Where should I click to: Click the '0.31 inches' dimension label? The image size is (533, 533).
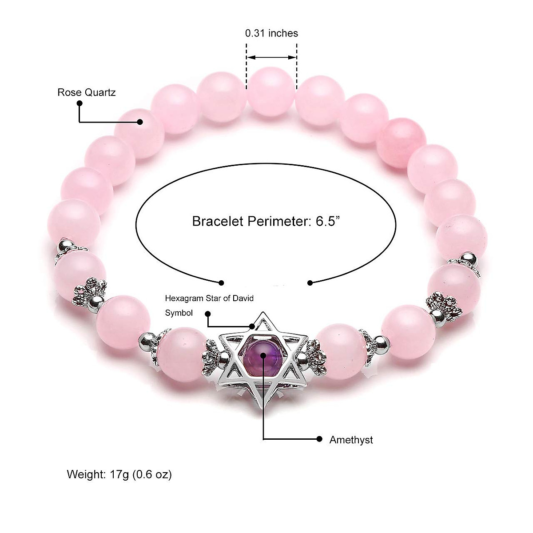click(271, 33)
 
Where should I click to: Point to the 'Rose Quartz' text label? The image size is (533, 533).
click(87, 92)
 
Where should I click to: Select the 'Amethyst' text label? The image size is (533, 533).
click(351, 440)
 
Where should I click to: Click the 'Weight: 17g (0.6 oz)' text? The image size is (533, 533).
click(119, 474)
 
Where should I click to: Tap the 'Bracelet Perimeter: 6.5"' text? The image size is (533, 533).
click(266, 221)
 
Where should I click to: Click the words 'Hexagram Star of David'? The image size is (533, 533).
click(209, 298)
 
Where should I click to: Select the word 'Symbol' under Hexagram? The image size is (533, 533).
click(179, 313)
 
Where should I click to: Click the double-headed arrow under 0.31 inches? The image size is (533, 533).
click(271, 57)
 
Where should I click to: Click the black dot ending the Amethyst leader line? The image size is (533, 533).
click(319, 439)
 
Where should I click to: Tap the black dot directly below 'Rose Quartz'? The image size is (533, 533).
click(80, 103)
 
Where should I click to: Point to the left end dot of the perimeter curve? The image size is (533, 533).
click(221, 282)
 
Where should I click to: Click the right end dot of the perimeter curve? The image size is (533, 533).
click(310, 282)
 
